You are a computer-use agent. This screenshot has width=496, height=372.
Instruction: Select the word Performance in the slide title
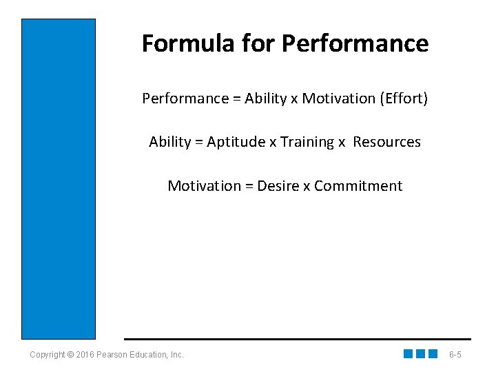click(355, 43)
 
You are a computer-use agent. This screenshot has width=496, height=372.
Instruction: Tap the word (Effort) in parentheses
click(404, 99)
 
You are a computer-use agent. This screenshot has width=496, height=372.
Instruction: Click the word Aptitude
click(236, 142)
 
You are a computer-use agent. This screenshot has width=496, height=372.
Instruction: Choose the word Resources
click(386, 142)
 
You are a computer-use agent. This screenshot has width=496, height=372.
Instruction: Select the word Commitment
click(358, 186)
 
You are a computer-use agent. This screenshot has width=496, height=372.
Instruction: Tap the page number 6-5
click(455, 355)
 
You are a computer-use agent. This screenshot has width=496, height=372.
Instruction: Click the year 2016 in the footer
click(83, 355)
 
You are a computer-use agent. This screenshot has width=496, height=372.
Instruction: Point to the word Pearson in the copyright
click(110, 355)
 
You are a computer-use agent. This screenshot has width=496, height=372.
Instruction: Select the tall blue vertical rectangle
click(59, 179)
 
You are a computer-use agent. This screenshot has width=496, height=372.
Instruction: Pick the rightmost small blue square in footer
click(433, 354)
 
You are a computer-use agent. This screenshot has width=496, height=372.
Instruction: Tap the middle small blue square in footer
click(420, 354)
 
